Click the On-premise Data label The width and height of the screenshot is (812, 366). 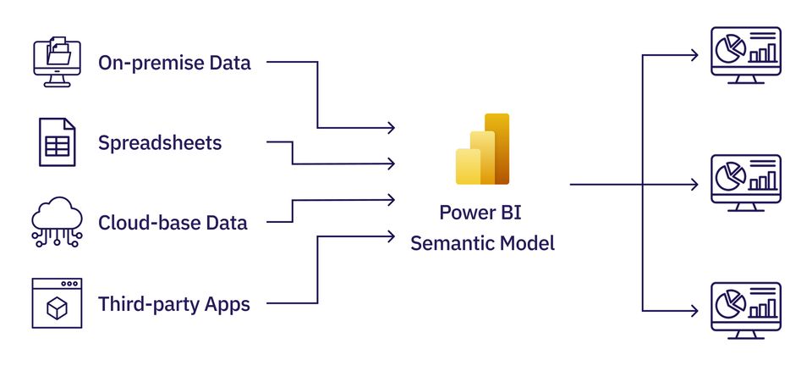[174, 63]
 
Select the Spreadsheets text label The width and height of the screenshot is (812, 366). [160, 142]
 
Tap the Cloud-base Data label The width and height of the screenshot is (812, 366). [173, 223]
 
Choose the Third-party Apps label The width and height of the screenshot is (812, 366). [173, 303]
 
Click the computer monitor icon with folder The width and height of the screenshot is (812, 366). [57, 62]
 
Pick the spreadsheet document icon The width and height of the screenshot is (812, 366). [57, 142]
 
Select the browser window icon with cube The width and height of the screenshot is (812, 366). [57, 302]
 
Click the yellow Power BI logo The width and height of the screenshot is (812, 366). [482, 149]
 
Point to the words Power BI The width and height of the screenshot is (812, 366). [482, 212]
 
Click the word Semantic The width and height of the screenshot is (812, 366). [448, 244]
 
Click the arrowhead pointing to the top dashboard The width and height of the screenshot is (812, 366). [694, 56]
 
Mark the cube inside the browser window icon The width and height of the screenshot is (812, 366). [57, 309]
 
